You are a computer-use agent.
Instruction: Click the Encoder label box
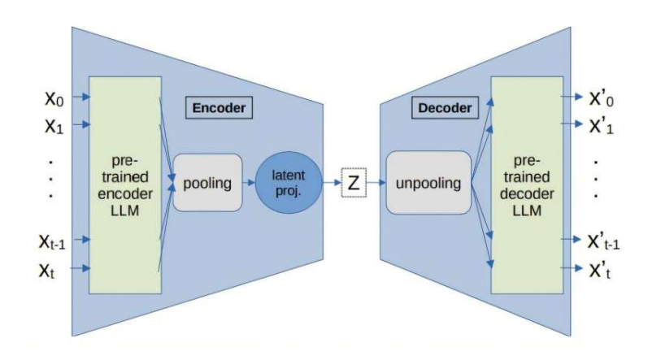click(x=217, y=107)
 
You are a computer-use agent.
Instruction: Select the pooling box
click(x=207, y=184)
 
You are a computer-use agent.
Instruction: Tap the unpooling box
click(x=428, y=184)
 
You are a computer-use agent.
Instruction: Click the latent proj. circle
click(x=289, y=184)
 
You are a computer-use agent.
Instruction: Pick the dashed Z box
click(x=353, y=184)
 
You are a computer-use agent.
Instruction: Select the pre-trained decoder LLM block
click(x=527, y=183)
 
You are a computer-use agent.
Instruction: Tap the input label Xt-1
click(x=53, y=241)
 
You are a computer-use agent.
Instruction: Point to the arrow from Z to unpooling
click(x=375, y=184)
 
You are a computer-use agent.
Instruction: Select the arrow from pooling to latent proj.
click(x=249, y=184)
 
